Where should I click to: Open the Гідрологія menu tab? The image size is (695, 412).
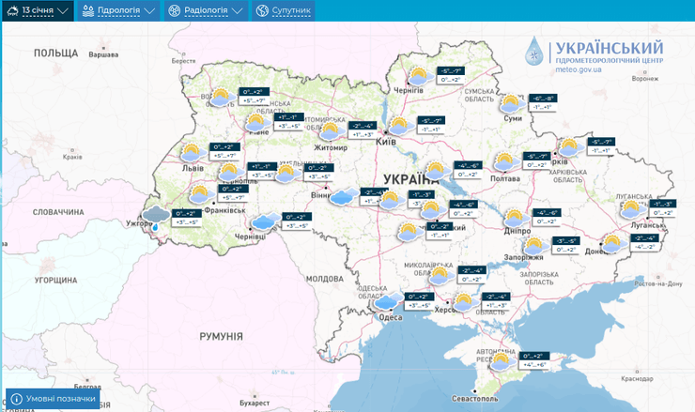click(x=118, y=10)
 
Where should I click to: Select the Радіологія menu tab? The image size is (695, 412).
click(x=205, y=10)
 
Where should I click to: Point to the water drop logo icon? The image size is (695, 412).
click(x=533, y=53)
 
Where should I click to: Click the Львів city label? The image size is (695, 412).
click(x=193, y=166)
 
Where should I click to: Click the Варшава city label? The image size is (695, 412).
click(x=103, y=54)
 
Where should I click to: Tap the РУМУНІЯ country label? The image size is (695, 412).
click(x=221, y=335)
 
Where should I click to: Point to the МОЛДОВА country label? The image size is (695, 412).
click(x=326, y=279)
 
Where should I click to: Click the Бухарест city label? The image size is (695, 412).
click(x=254, y=404)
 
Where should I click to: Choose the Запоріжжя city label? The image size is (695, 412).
click(x=523, y=256)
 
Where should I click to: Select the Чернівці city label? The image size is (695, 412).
click(x=251, y=237)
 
